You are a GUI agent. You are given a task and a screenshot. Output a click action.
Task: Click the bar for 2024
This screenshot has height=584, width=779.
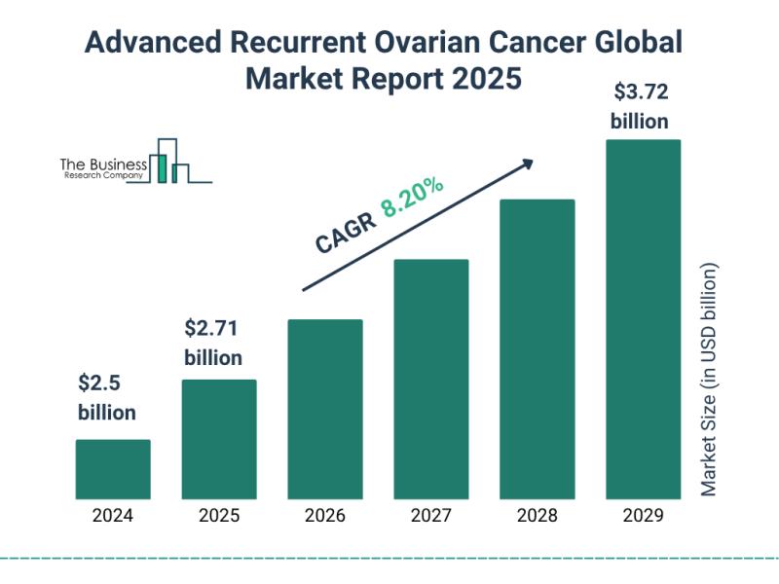click(113, 469)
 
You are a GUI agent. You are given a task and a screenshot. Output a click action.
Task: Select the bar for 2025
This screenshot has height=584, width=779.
click(219, 439)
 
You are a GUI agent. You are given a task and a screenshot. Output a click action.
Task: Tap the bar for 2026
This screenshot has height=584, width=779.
click(325, 409)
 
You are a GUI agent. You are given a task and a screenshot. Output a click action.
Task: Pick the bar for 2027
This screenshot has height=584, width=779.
click(431, 379)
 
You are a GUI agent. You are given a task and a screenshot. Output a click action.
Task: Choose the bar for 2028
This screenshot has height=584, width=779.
click(538, 348)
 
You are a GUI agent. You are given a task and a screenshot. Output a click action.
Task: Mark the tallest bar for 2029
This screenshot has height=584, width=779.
click(643, 318)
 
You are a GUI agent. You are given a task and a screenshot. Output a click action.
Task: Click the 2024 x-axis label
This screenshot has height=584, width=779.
click(113, 516)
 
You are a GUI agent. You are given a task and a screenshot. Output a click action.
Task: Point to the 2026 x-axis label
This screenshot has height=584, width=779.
click(325, 516)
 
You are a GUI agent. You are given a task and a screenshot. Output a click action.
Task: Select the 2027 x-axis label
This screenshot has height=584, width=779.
click(431, 516)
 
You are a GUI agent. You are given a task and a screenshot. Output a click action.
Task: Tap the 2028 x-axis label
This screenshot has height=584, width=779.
click(538, 516)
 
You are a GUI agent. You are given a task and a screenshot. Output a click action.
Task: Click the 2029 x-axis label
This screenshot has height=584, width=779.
click(643, 516)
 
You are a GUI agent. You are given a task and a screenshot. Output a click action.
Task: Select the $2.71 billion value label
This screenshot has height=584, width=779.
click(213, 342)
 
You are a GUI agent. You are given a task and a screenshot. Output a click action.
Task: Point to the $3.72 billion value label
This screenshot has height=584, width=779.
click(639, 107)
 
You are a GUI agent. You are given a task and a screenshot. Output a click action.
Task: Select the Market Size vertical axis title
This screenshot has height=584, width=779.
click(710, 380)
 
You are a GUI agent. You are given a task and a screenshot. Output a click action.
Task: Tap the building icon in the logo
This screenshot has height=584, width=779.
click(170, 163)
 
